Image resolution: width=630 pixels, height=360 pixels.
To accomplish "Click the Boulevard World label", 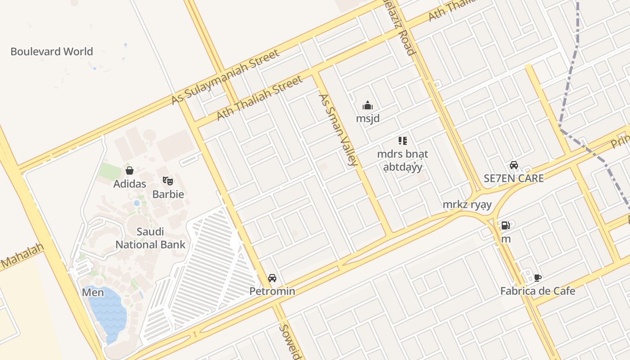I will pyautogui.click(x=52, y=51).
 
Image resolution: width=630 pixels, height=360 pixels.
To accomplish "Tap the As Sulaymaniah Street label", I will pyautogui.click(x=225, y=77).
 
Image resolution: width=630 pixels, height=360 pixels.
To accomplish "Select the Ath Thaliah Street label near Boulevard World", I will pyautogui.click(x=259, y=98).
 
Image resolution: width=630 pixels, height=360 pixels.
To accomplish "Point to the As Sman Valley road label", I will pyautogui.click(x=338, y=130).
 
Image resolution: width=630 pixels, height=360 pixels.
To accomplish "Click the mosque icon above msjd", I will pyautogui.click(x=368, y=106).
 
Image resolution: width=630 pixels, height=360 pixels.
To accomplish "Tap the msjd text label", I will pyautogui.click(x=368, y=119).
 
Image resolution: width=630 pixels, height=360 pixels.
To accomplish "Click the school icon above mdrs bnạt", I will pyautogui.click(x=403, y=141).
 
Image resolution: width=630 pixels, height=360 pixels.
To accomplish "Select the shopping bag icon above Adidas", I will pyautogui.click(x=130, y=171).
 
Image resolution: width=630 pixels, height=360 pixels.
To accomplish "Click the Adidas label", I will pyautogui.click(x=130, y=184).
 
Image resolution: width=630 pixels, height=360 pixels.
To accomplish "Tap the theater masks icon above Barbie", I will pyautogui.click(x=168, y=181).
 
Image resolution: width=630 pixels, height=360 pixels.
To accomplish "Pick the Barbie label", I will pyautogui.click(x=168, y=194).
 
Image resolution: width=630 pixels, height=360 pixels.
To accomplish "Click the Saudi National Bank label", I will pyautogui.click(x=150, y=238).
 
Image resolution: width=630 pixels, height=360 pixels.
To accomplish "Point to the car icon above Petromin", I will pyautogui.click(x=272, y=278).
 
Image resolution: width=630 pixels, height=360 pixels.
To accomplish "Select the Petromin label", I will pyautogui.click(x=272, y=291).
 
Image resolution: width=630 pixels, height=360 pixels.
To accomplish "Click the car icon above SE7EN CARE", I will pyautogui.click(x=514, y=165).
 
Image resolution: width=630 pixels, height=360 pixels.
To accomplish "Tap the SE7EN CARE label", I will pyautogui.click(x=514, y=178).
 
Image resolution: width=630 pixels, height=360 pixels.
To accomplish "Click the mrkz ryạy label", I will pyautogui.click(x=467, y=205).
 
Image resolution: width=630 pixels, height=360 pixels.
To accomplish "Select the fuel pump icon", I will pyautogui.click(x=506, y=225).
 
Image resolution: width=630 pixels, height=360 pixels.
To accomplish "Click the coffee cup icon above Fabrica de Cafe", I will pyautogui.click(x=537, y=278).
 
